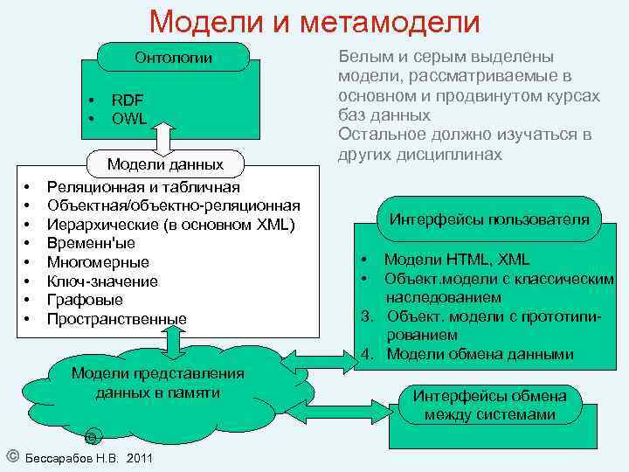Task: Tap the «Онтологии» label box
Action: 173,59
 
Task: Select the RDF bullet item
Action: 128,100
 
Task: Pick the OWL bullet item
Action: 129,117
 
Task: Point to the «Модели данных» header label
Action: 165,163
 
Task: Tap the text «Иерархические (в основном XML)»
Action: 171,224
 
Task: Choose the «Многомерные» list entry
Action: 98,262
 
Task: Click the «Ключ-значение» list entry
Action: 102,281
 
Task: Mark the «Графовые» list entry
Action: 85,300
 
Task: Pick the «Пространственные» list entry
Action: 116,319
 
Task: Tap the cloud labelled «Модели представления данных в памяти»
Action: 157,385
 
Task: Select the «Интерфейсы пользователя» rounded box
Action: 488,219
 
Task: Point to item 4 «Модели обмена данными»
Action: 480,354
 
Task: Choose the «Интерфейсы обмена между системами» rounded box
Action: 489,405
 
